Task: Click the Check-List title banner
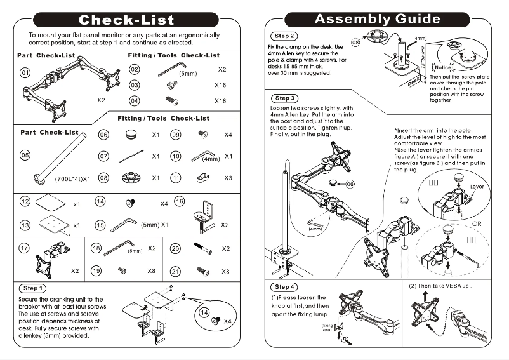pyautogui.click(x=127, y=19)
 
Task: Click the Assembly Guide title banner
pyautogui.click(x=378, y=18)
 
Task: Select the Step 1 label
pyautogui.click(x=33, y=288)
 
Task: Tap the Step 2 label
pyautogui.click(x=283, y=36)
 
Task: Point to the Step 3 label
pyautogui.click(x=284, y=98)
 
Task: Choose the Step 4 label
pyautogui.click(x=284, y=287)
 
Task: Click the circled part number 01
pyautogui.click(x=25, y=73)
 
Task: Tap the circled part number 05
pyautogui.click(x=25, y=154)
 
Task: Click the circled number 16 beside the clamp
pyautogui.click(x=180, y=201)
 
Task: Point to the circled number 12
pyautogui.click(x=25, y=201)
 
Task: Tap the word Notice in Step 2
pyautogui.click(x=442, y=67)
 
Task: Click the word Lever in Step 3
pyautogui.click(x=477, y=187)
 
